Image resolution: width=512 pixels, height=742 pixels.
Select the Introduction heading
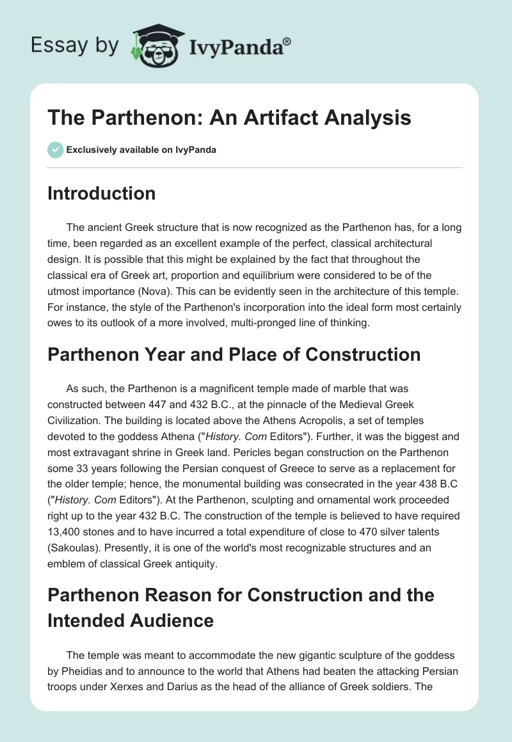pyautogui.click(x=101, y=194)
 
